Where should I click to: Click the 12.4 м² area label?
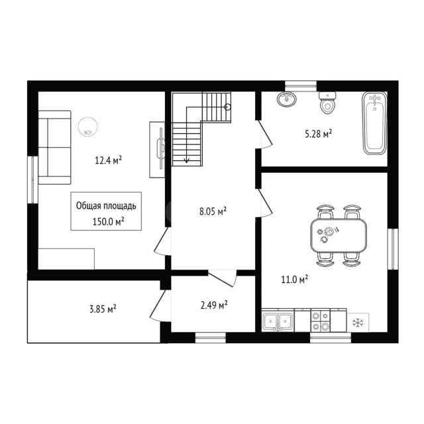(108, 160)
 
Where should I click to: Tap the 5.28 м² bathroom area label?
(318, 134)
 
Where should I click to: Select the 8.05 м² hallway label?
(213, 211)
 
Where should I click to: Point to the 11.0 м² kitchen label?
(294, 280)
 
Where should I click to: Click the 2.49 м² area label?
(214, 305)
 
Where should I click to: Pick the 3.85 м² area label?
(103, 309)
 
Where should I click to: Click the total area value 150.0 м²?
(108, 222)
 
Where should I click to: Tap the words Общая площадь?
(106, 206)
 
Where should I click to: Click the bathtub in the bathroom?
(374, 123)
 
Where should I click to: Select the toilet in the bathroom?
(327, 103)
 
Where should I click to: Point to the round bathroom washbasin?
(287, 99)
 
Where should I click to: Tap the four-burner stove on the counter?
(320, 321)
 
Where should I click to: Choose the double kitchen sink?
(278, 321)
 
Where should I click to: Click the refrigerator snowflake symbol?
(358, 323)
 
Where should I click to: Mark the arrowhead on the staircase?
(187, 160)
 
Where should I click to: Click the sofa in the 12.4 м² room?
(54, 147)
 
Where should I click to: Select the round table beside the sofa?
(87, 127)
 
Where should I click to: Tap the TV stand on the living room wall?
(158, 150)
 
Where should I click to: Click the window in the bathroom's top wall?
(301, 86)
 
